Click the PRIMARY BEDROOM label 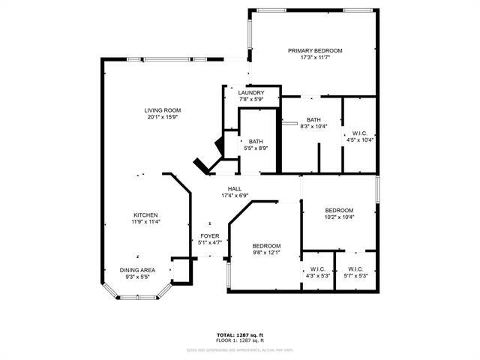click(315, 51)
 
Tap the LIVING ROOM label click(163, 110)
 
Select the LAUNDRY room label click(251, 93)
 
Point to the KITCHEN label click(145, 214)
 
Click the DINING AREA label click(137, 270)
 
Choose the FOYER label click(209, 236)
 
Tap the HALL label click(234, 189)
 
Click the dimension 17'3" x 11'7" click(315, 58)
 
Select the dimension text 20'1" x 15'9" click(163, 117)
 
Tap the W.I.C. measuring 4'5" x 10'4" click(359, 136)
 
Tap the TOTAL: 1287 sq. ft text click(240, 335)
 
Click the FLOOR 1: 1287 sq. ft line click(240, 341)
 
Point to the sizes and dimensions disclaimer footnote click(240, 349)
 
